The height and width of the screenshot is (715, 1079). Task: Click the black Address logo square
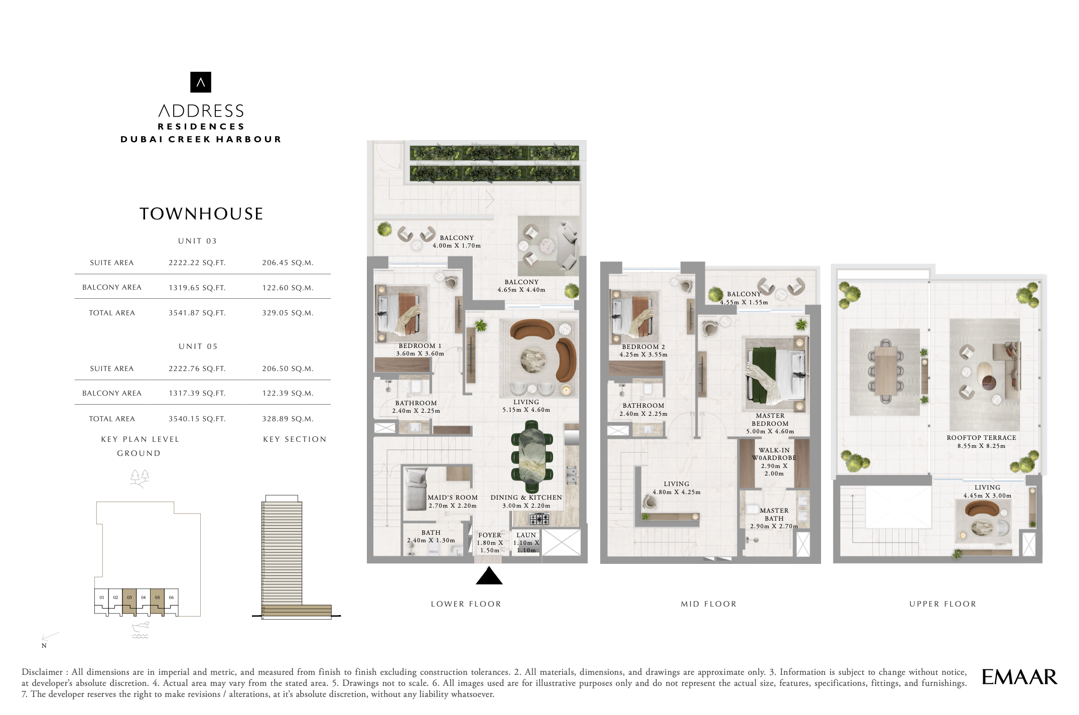pyautogui.click(x=201, y=82)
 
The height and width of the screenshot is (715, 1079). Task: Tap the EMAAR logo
pyautogui.click(x=1019, y=677)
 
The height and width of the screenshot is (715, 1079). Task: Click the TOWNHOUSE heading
pyautogui.click(x=201, y=214)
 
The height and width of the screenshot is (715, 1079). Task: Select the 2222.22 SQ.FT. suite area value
pyautogui.click(x=197, y=263)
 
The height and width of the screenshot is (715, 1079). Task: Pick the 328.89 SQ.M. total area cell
pyautogui.click(x=288, y=419)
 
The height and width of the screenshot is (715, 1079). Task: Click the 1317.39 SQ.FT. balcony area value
pyautogui.click(x=197, y=393)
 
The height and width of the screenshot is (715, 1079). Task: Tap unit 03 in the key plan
pyautogui.click(x=129, y=598)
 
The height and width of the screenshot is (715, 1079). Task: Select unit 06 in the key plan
pyautogui.click(x=171, y=598)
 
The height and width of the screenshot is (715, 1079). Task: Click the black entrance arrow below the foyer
pyautogui.click(x=489, y=576)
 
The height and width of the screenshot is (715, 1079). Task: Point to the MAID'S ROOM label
pyautogui.click(x=452, y=498)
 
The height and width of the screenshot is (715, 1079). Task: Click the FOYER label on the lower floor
pyautogui.click(x=490, y=535)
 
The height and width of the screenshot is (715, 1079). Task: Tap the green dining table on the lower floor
pyautogui.click(x=532, y=457)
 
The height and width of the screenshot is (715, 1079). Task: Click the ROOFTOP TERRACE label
pyautogui.click(x=981, y=438)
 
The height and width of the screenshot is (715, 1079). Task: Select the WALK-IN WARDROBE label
pyautogui.click(x=774, y=454)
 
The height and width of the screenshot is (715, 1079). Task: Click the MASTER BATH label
pyautogui.click(x=774, y=515)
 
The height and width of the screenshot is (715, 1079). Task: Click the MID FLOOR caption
pyautogui.click(x=709, y=604)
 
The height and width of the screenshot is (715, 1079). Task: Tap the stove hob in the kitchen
pyautogui.click(x=539, y=519)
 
